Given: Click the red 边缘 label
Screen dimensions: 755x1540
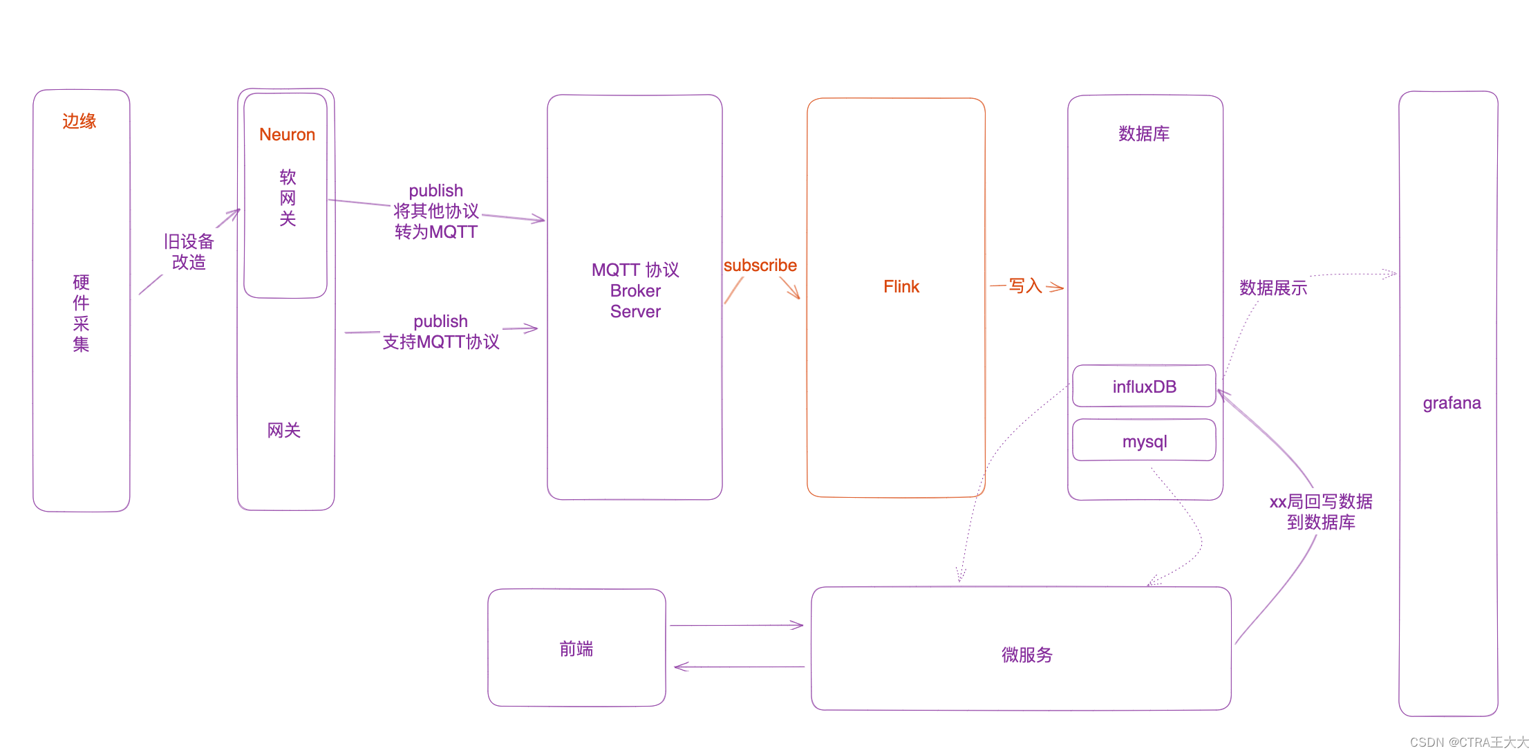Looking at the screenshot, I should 79,122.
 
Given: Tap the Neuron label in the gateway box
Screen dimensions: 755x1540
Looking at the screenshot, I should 287,135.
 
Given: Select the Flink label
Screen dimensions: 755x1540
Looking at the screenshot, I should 901,287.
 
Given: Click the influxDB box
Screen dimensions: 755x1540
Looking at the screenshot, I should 1144,386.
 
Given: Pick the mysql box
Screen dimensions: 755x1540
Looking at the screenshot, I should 1144,441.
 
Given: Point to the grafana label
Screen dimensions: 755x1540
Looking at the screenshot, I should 1452,403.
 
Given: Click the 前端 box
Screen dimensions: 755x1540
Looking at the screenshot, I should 576,649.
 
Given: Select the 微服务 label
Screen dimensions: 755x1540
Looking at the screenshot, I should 1026,655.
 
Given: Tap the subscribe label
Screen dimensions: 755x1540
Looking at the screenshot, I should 760,265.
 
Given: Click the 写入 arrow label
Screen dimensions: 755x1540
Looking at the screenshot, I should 1025,286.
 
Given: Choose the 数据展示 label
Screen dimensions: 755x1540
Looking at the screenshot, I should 1273,288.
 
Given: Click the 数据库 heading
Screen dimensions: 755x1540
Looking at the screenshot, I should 1144,133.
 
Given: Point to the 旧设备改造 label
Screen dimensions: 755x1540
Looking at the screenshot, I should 189,252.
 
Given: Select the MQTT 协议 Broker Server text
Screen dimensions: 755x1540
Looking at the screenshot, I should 635,290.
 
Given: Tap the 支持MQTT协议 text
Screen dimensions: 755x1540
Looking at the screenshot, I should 441,342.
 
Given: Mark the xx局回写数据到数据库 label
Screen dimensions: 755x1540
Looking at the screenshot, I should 1321,512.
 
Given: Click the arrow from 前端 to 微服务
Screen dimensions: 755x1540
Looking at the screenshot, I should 736,625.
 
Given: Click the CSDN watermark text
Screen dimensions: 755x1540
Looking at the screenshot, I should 1469,742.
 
